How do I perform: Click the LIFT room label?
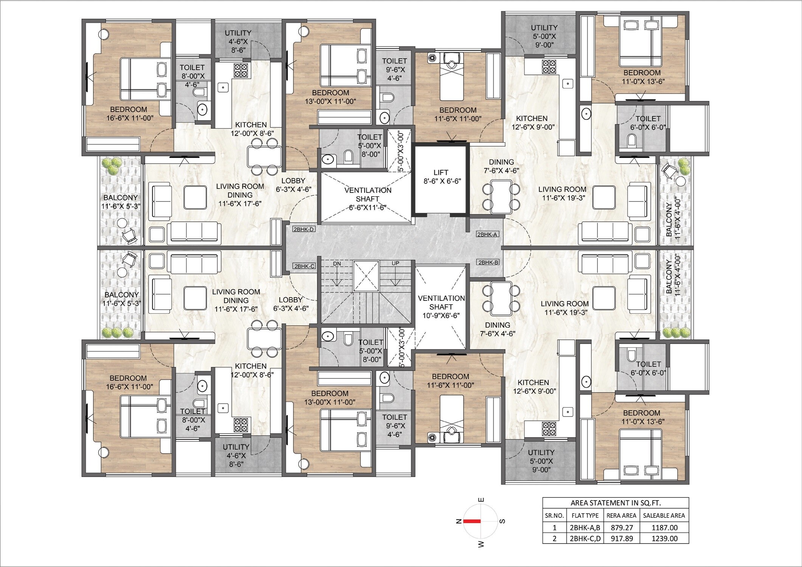click(x=441, y=177)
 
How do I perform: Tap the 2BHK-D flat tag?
click(x=304, y=229)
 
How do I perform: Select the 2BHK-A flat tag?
click(x=488, y=234)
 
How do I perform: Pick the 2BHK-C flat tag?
click(x=304, y=266)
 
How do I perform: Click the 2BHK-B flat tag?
click(x=488, y=262)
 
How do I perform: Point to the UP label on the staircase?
click(x=395, y=263)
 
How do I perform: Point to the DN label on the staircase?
click(x=337, y=263)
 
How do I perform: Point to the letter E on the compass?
click(x=481, y=500)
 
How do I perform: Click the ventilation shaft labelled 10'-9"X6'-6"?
click(x=441, y=307)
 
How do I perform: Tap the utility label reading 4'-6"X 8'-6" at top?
click(x=238, y=42)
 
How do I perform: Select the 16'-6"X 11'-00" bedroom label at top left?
click(x=130, y=114)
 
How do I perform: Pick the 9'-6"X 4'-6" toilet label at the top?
click(x=394, y=70)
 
